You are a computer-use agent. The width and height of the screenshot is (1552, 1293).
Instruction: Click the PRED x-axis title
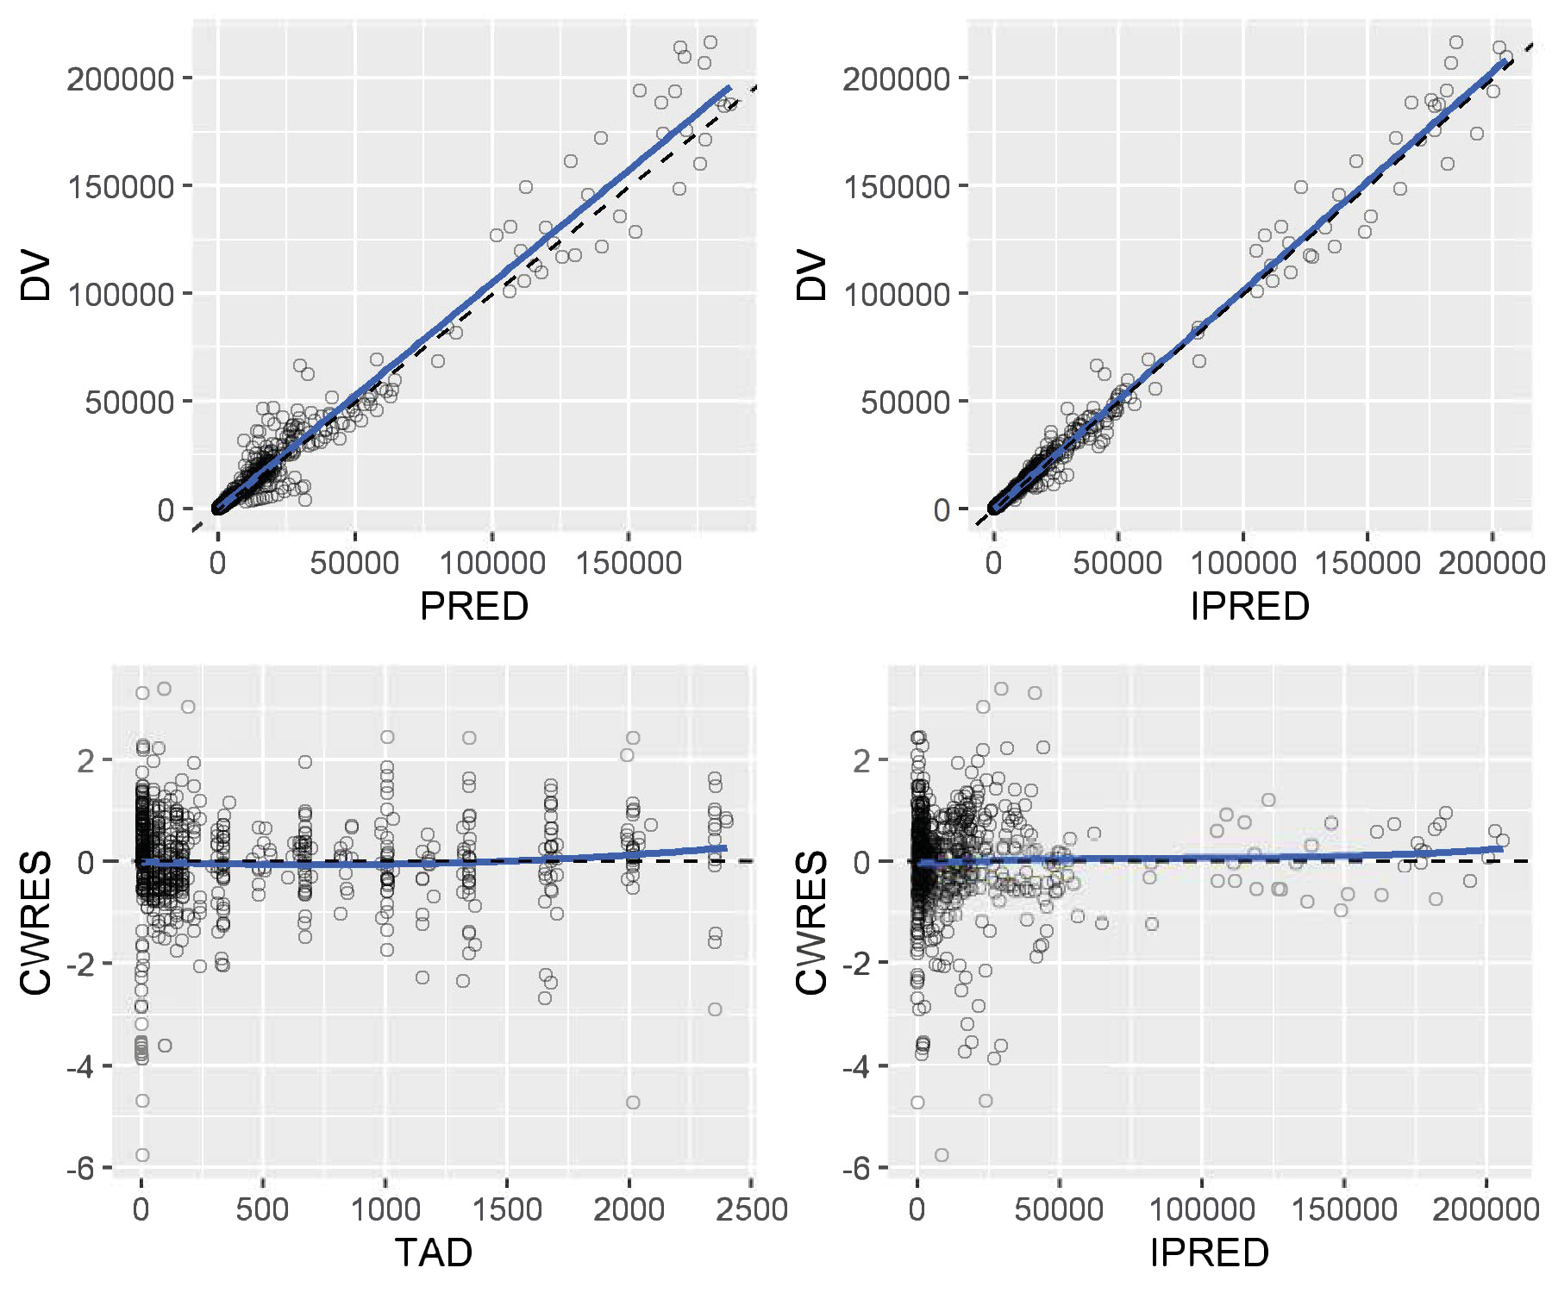[x=473, y=607]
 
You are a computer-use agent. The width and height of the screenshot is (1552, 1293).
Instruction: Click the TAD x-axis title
[x=434, y=1252]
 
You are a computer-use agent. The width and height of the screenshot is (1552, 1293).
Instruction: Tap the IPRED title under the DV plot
[x=1249, y=607]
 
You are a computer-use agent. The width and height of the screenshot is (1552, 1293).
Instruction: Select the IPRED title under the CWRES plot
[x=1209, y=1252]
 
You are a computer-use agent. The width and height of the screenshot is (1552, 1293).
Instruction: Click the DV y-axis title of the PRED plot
[x=36, y=276]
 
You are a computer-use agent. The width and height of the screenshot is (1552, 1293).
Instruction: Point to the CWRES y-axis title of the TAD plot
[x=36, y=922]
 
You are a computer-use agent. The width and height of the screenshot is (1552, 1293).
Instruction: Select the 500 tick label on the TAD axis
[x=262, y=1209]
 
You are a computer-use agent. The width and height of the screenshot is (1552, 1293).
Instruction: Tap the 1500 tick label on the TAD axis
[x=507, y=1209]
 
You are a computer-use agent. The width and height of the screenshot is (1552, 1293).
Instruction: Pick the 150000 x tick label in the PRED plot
[x=629, y=564]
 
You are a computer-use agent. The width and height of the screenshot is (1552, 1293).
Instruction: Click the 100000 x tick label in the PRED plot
[x=492, y=564]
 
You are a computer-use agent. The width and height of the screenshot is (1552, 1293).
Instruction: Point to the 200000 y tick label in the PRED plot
[x=121, y=79]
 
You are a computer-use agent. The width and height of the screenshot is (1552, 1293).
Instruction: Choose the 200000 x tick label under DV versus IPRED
[x=1492, y=564]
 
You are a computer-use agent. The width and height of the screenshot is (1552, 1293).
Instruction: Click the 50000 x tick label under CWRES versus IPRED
[x=1059, y=1209]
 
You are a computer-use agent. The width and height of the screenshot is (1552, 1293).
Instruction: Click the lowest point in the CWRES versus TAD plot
[x=142, y=1155]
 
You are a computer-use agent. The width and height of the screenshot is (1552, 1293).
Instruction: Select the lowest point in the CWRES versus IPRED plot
[x=942, y=1155]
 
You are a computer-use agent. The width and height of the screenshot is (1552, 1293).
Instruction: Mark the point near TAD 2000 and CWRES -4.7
[x=633, y=1102]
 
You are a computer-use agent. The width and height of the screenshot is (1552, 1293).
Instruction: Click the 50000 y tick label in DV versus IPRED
[x=905, y=403]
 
